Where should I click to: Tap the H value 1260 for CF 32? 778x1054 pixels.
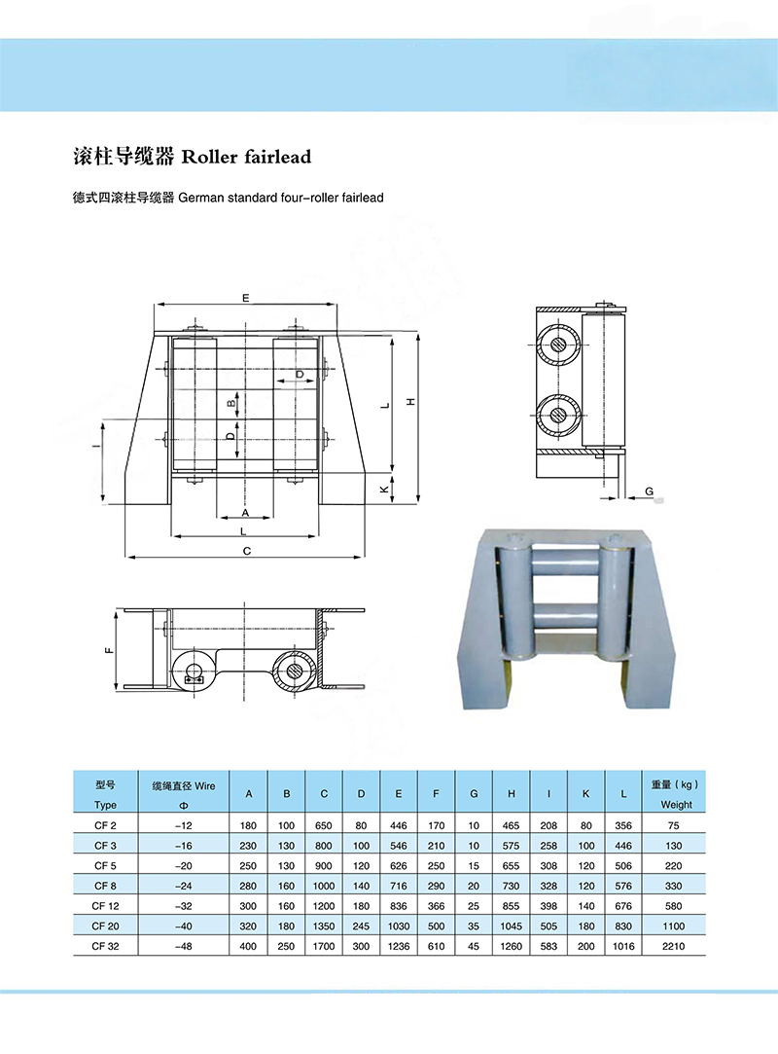tap(511, 944)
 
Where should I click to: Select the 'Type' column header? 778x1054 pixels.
tap(105, 805)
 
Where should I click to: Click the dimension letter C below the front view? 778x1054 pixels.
tap(247, 551)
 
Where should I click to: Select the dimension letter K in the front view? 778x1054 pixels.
tap(384, 491)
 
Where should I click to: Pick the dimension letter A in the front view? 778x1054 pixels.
tap(245, 511)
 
